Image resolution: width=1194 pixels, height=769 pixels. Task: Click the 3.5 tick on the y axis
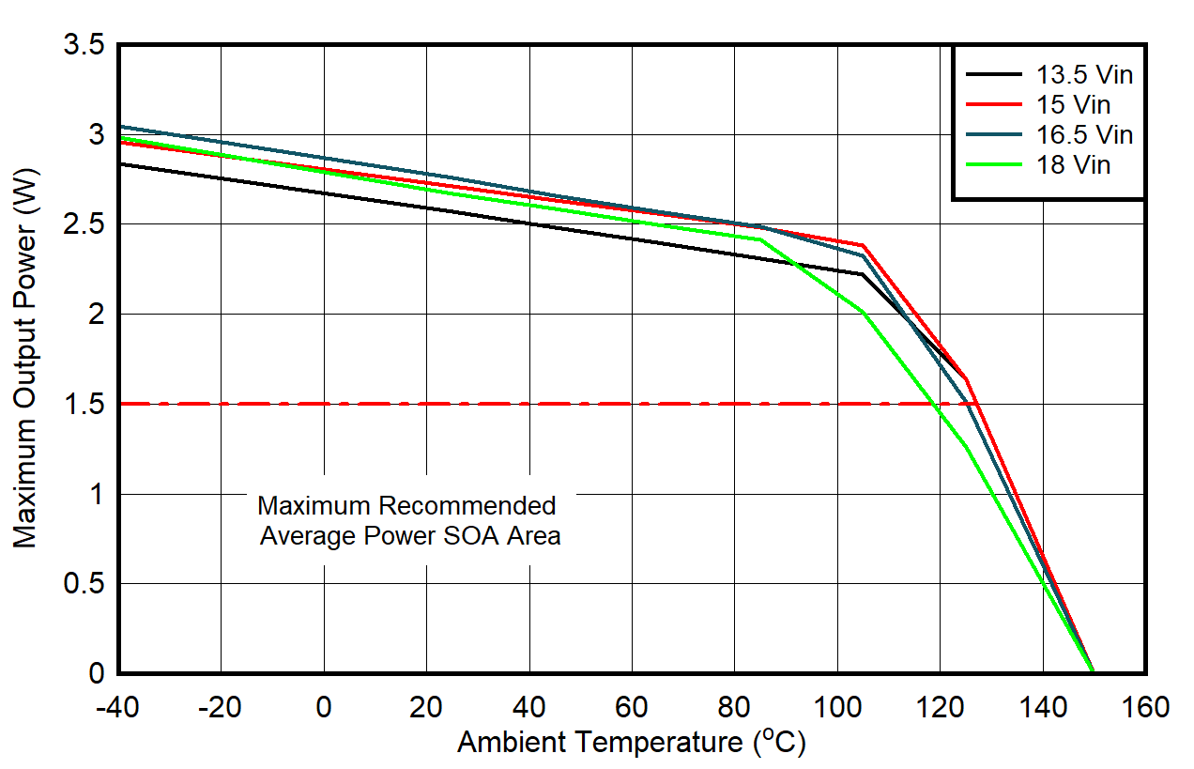[84, 45]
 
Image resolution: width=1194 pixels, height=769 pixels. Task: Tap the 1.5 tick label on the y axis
[84, 405]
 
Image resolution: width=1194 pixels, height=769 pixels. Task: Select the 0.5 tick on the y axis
[84, 584]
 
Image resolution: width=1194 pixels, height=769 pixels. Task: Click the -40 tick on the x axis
[118, 707]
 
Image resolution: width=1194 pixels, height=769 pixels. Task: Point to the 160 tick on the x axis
[1145, 707]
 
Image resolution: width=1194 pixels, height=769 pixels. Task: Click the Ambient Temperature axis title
[631, 743]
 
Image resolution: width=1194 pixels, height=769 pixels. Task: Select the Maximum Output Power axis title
[25, 360]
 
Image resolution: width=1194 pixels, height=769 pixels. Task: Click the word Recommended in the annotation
[467, 506]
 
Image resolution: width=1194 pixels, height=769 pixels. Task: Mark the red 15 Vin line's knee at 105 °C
[862, 246]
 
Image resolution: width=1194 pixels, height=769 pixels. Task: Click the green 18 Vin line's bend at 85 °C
[759, 239]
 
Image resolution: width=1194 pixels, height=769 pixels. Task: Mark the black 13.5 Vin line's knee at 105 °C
[862, 274]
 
